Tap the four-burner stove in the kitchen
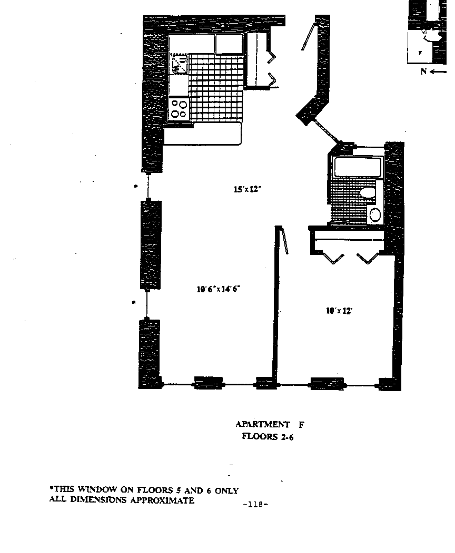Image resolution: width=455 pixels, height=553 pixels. coord(179,108)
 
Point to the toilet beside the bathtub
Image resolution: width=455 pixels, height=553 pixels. coord(368,192)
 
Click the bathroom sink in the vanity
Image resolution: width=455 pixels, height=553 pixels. coord(375,214)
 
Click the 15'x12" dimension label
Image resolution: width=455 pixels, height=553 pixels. coord(248,190)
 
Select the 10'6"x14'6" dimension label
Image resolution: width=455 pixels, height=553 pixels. coord(218,289)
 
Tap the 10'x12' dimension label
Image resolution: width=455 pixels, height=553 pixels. coord(339,311)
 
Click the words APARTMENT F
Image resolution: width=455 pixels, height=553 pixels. coord(270,424)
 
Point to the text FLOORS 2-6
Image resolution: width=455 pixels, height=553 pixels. coord(267,435)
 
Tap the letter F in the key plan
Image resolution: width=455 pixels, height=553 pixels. coord(420,53)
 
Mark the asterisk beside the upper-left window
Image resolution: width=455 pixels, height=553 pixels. coord(136,187)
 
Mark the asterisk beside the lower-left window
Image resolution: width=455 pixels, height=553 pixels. coord(134,302)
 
